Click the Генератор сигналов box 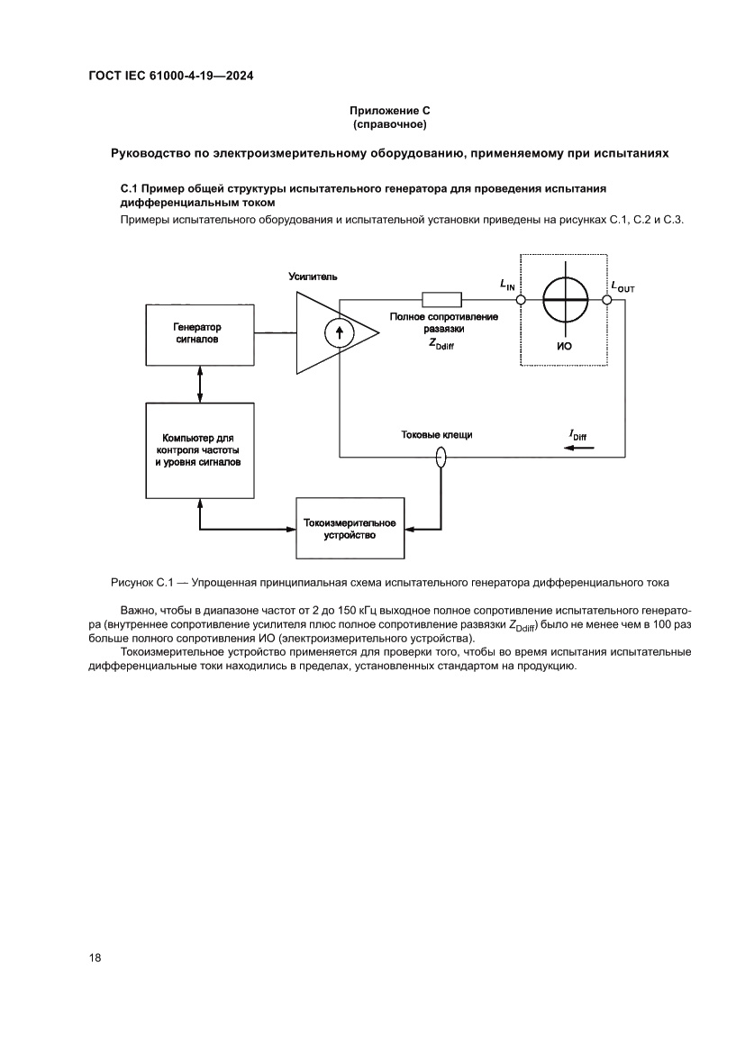[197, 334]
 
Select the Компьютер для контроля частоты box [197, 449]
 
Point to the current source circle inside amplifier [339, 334]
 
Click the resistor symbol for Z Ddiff [441, 300]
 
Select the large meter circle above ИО [566, 300]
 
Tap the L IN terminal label [508, 285]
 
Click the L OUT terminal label [622, 286]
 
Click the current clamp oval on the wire [441, 458]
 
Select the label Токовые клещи [437, 435]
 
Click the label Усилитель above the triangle [313, 276]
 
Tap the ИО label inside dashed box [566, 346]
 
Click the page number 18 [95, 958]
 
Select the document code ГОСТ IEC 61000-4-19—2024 [171, 77]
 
